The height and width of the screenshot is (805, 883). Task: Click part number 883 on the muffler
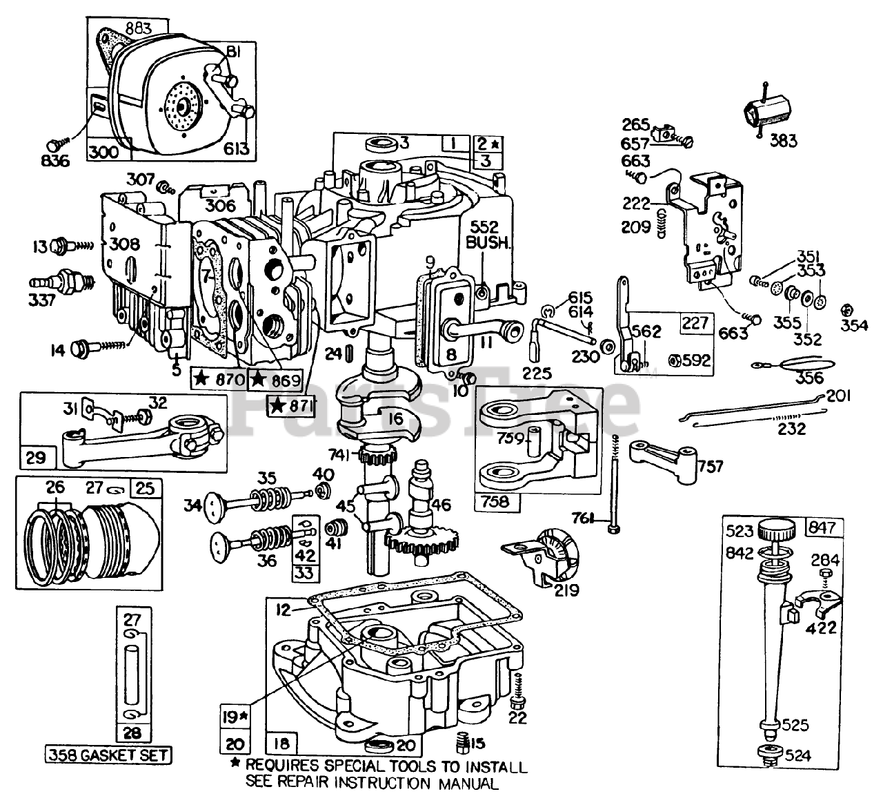click(139, 28)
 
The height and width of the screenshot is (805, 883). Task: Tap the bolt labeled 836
click(55, 145)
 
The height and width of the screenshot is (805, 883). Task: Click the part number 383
click(784, 141)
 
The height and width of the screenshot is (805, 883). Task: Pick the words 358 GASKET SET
click(109, 755)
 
